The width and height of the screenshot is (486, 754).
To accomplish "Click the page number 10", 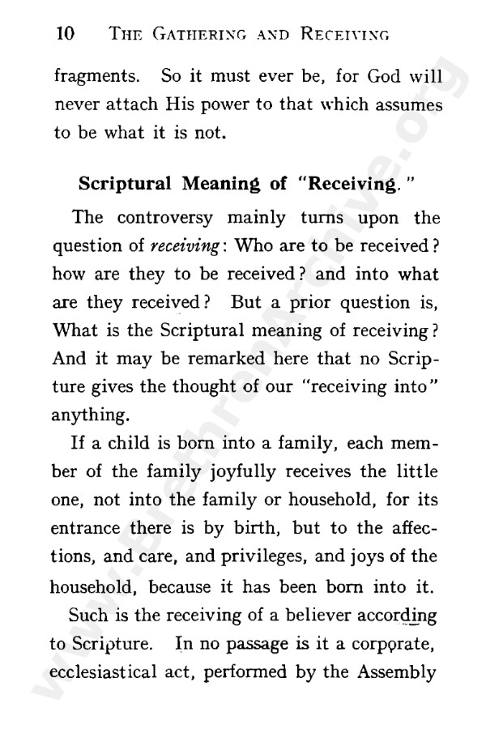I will (x=64, y=34).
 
